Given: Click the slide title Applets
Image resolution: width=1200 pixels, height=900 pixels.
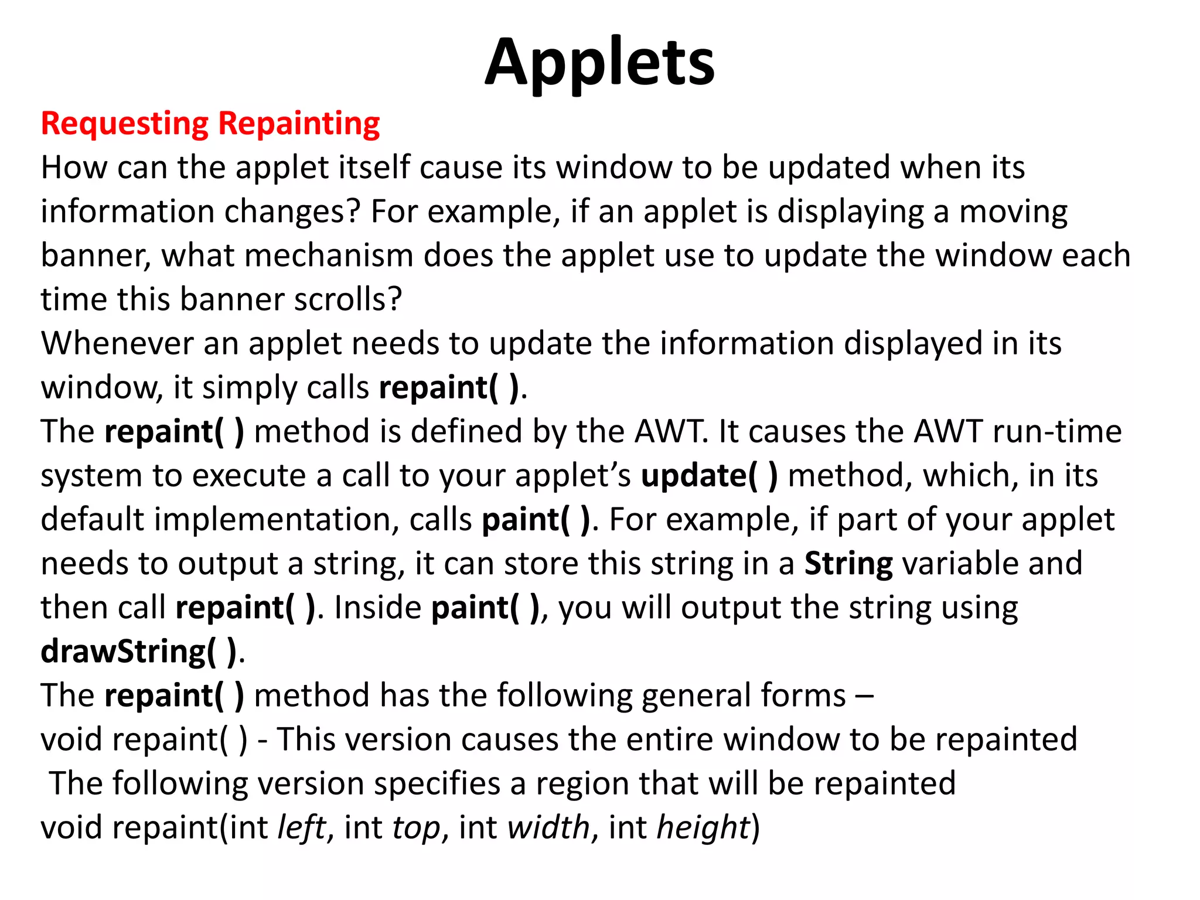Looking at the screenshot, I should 599,62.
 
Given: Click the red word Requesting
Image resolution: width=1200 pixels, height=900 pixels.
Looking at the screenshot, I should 125,124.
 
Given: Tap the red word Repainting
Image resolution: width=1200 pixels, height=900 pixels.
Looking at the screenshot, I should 299,124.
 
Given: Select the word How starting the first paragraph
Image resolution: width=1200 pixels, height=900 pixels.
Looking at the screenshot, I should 74,168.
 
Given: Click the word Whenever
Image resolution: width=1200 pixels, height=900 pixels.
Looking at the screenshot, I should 117,343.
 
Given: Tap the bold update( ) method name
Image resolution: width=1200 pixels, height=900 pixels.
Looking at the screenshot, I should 710,475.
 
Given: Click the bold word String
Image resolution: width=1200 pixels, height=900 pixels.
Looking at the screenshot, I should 848,564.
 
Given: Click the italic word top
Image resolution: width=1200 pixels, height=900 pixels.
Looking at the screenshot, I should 415,829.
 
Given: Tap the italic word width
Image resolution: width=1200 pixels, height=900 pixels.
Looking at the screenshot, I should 548,827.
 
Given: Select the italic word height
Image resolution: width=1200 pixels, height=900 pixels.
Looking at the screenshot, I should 703,827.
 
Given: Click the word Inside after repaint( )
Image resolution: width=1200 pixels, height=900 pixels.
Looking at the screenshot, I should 377,608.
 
